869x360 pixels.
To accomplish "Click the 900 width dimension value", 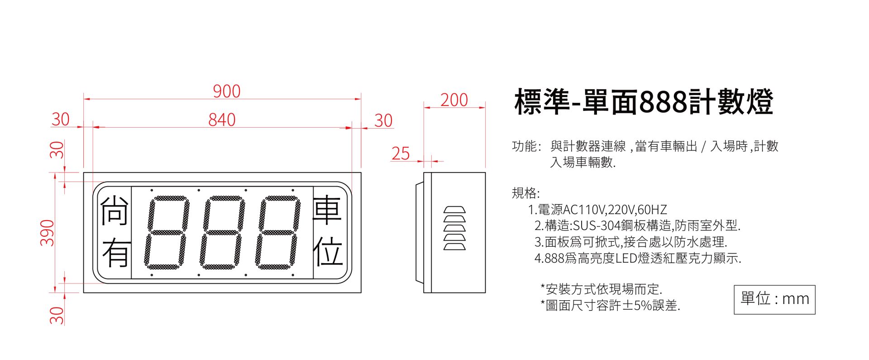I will pyautogui.click(x=226, y=91).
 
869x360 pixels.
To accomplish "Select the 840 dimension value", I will pyautogui.click(x=222, y=120).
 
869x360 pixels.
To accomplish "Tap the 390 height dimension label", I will pyautogui.click(x=47, y=233).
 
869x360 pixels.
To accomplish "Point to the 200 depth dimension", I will pyautogui.click(x=454, y=100).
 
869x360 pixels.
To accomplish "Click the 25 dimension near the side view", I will pyautogui.click(x=401, y=154).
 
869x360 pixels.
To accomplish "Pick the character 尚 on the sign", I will pyautogui.click(x=114, y=211).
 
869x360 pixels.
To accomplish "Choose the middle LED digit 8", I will pyautogui.click(x=222, y=232).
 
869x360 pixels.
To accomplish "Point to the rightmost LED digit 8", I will pyautogui.click(x=277, y=232).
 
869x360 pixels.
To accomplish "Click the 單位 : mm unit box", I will pyautogui.click(x=774, y=299).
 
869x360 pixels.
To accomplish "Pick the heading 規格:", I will pyautogui.click(x=525, y=193).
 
